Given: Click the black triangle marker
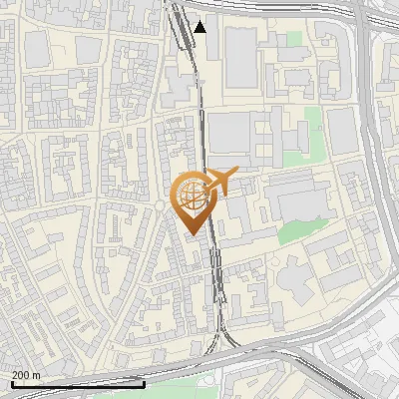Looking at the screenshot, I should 200,27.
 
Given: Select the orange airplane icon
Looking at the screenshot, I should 221,182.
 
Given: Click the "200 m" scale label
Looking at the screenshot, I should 27,375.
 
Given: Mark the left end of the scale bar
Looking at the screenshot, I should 12,384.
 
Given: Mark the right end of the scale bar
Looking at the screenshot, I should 145,384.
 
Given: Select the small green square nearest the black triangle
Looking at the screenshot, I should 293,40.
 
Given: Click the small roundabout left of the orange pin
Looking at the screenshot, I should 161,206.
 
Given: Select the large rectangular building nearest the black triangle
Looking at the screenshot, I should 240,56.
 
